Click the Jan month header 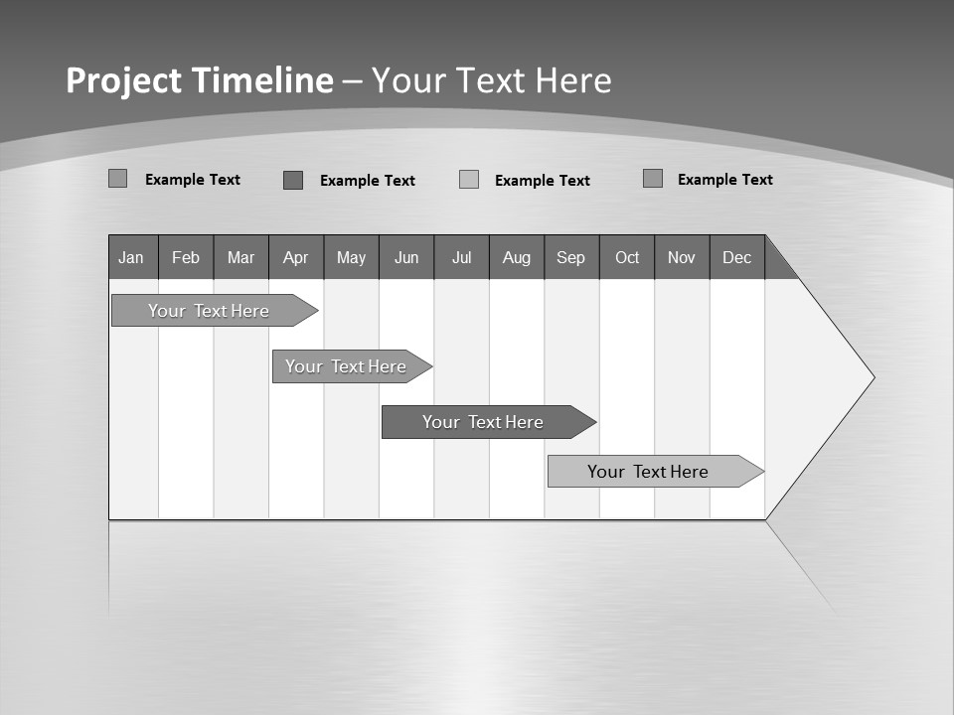[x=132, y=257]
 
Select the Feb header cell [x=186, y=257]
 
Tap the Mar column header [x=240, y=257]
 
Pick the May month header [x=351, y=257]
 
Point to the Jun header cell [x=406, y=257]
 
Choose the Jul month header [x=461, y=257]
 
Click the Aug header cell [x=517, y=257]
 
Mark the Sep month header [x=571, y=257]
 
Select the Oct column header [x=627, y=257]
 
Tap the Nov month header [x=682, y=257]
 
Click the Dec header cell [x=737, y=257]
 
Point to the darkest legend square [x=292, y=180]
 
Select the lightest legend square [x=469, y=180]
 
